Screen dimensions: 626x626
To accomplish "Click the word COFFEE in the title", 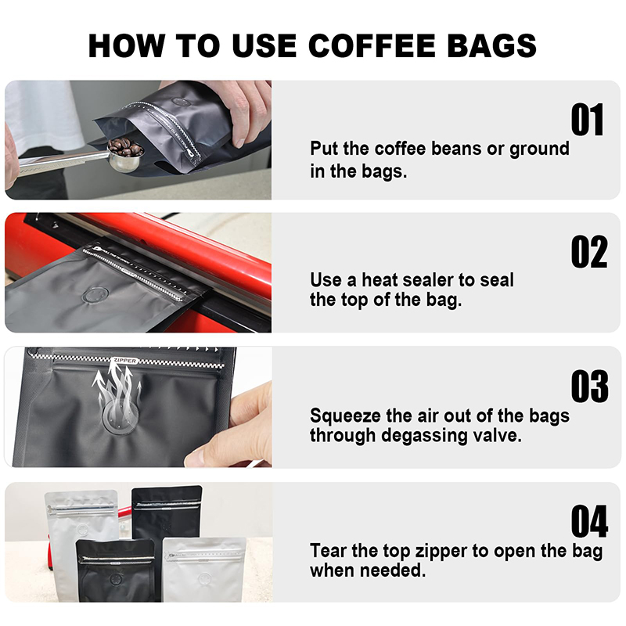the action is click(x=372, y=45).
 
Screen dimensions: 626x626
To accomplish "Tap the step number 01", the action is click(x=587, y=120).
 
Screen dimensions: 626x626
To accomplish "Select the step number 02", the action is click(x=589, y=251).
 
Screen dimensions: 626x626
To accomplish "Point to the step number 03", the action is click(x=589, y=386).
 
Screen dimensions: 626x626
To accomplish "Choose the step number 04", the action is click(x=589, y=521).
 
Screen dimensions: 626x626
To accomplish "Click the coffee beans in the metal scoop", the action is click(x=125, y=147).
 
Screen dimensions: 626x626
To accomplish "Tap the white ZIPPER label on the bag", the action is click(x=125, y=361).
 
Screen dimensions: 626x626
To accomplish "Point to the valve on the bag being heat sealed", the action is click(x=95, y=296).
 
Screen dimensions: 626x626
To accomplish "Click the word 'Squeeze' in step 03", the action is click(x=345, y=416).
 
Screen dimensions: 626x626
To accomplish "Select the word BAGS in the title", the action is click(x=492, y=45).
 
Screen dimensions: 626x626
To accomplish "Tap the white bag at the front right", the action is click(x=204, y=570).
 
